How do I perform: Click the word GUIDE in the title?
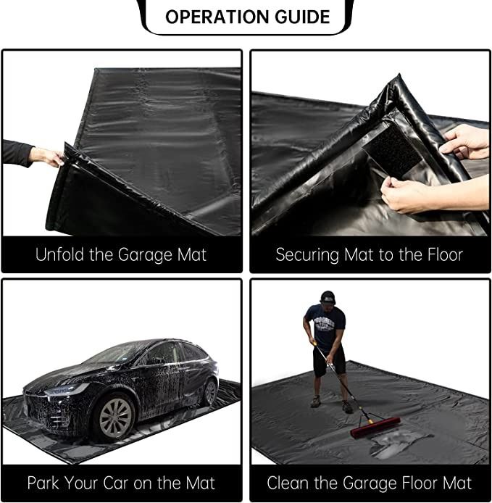pos(302,17)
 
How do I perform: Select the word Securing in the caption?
pos(307,255)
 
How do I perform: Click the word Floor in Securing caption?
pos(445,254)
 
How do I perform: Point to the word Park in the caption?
pos(43,483)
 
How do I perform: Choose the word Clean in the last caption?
pos(288,483)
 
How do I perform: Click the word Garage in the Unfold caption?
pos(146,255)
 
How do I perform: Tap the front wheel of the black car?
pos(115,418)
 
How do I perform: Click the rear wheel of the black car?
pos(209,391)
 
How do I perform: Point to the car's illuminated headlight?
pos(67,389)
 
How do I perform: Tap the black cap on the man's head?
pos(328,297)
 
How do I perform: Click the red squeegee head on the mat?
pos(375,428)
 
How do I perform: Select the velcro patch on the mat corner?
pos(393,151)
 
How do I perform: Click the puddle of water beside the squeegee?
pos(398,444)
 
